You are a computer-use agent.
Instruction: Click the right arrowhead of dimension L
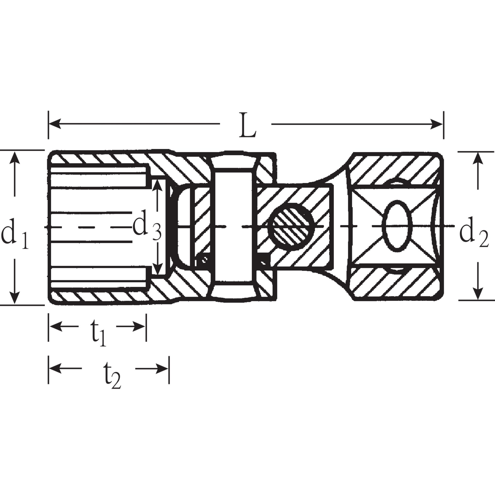[437, 124]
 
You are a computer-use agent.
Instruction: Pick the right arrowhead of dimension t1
[141, 327]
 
